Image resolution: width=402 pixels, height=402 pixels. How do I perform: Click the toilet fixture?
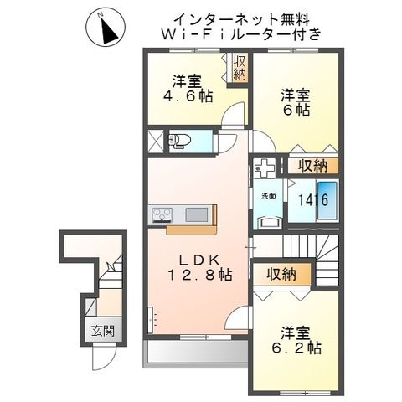coord(179,140)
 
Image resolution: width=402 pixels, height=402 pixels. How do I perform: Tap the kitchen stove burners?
coord(161,215)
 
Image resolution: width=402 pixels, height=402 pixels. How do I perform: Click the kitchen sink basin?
coord(195,214)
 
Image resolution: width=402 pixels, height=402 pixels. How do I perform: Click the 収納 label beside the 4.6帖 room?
coord(240,68)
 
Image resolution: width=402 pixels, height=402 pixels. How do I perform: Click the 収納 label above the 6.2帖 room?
coord(282,274)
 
